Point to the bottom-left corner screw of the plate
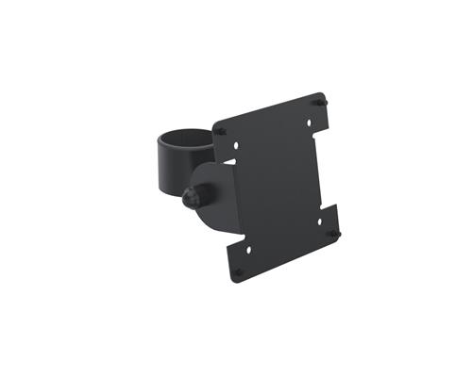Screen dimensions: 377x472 coord(238,271)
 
